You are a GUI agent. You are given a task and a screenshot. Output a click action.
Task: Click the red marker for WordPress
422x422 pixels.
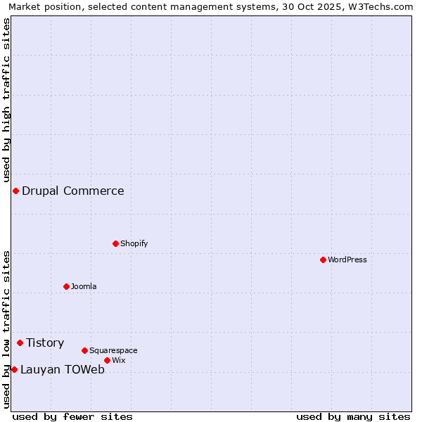[x=323, y=260]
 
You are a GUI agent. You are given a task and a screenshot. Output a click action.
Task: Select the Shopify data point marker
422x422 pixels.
[x=115, y=243]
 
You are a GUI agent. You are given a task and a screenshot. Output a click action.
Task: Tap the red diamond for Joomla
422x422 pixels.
[x=66, y=286]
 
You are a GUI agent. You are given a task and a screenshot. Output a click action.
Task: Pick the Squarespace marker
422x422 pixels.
[x=84, y=350]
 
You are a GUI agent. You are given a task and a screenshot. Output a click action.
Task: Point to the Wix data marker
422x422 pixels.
[x=107, y=360]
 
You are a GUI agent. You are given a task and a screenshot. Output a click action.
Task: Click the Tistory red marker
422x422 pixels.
[x=20, y=343]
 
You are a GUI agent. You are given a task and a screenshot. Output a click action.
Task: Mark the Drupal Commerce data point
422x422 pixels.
[x=15, y=191]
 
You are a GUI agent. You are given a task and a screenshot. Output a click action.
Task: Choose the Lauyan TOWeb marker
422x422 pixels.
[x=14, y=369]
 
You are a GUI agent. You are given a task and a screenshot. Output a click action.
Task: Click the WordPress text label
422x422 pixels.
[x=347, y=260]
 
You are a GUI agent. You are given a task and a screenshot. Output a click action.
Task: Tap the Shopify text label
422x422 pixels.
[x=134, y=243]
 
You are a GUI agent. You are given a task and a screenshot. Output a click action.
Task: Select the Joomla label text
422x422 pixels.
[x=84, y=286]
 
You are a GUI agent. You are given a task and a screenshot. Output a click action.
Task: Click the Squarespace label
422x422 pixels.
[x=113, y=350]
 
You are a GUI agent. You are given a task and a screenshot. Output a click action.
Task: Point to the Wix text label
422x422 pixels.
[x=118, y=360]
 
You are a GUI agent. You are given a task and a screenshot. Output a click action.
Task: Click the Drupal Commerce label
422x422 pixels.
[x=73, y=191]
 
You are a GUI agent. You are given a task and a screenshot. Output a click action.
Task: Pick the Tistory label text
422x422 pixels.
[x=45, y=343]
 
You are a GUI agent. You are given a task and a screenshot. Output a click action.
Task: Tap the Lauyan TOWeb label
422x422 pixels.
[x=63, y=369]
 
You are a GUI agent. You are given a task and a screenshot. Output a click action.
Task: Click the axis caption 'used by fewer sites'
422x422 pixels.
[x=72, y=416]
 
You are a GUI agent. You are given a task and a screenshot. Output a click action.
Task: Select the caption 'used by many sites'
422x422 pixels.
[x=353, y=416]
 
